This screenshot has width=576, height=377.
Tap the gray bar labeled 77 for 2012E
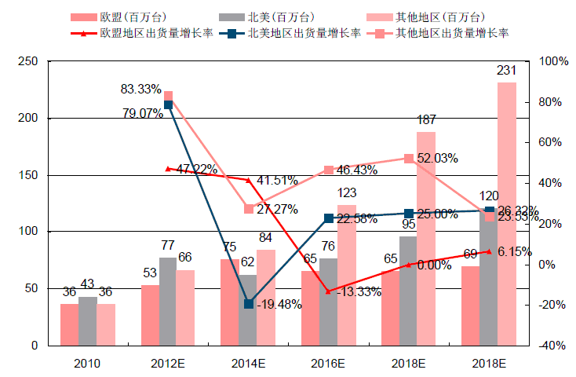click(x=168, y=302)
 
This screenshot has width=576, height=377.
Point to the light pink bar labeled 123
click(x=346, y=275)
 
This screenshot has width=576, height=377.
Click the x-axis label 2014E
click(x=248, y=364)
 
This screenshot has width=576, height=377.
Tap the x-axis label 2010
click(x=87, y=364)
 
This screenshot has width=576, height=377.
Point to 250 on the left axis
click(x=28, y=62)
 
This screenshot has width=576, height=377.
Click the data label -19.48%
click(x=279, y=305)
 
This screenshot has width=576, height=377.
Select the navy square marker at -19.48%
click(x=249, y=304)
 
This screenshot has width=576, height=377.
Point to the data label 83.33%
click(x=140, y=89)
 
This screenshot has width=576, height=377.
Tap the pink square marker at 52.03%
click(x=409, y=158)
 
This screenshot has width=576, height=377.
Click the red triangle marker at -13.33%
click(x=329, y=291)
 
